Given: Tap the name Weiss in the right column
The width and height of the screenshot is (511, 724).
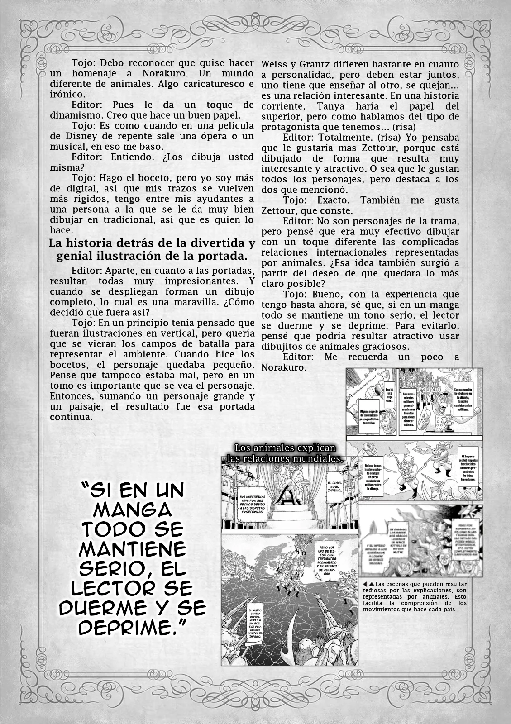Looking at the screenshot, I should (275, 64).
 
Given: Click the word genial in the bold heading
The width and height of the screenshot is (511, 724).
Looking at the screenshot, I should (72, 256).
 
